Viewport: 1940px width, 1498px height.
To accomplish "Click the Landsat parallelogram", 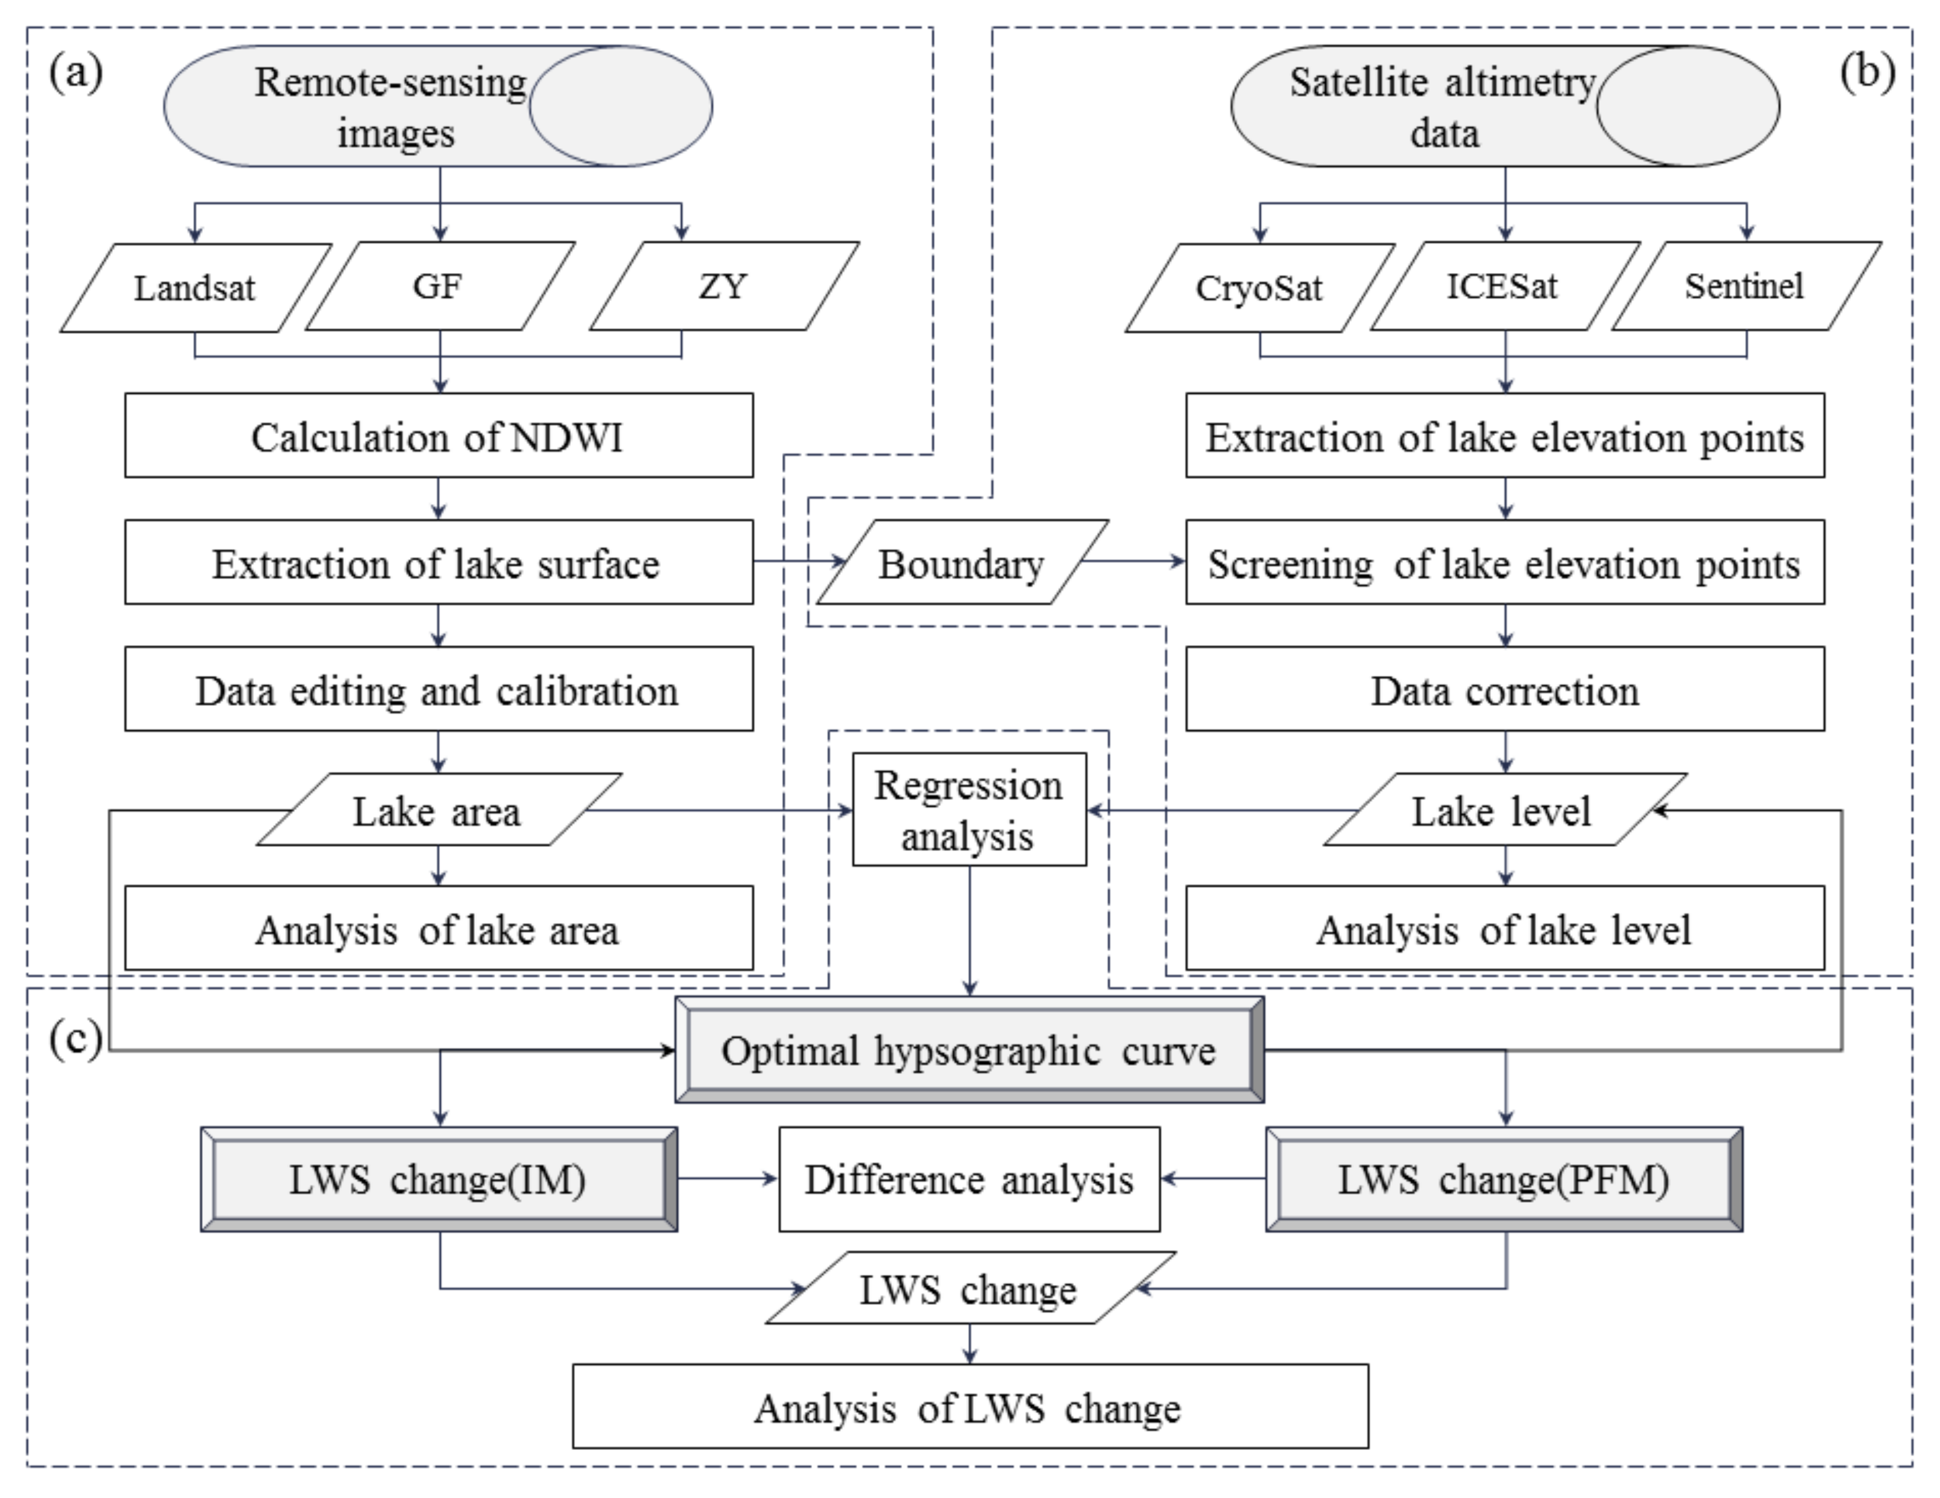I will coord(196,287).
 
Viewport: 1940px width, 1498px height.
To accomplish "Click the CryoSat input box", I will coord(1259,287).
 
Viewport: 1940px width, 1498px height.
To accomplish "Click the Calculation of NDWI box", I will coord(439,436).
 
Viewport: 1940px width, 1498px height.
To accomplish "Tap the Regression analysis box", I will coord(969,810).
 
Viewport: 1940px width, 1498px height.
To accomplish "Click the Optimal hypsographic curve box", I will coord(969,1050).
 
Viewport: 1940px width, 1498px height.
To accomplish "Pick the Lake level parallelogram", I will coord(1504,810).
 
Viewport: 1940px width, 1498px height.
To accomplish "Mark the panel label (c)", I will coord(76,1037).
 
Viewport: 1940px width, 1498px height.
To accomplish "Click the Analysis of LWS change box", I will coord(969,1407).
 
